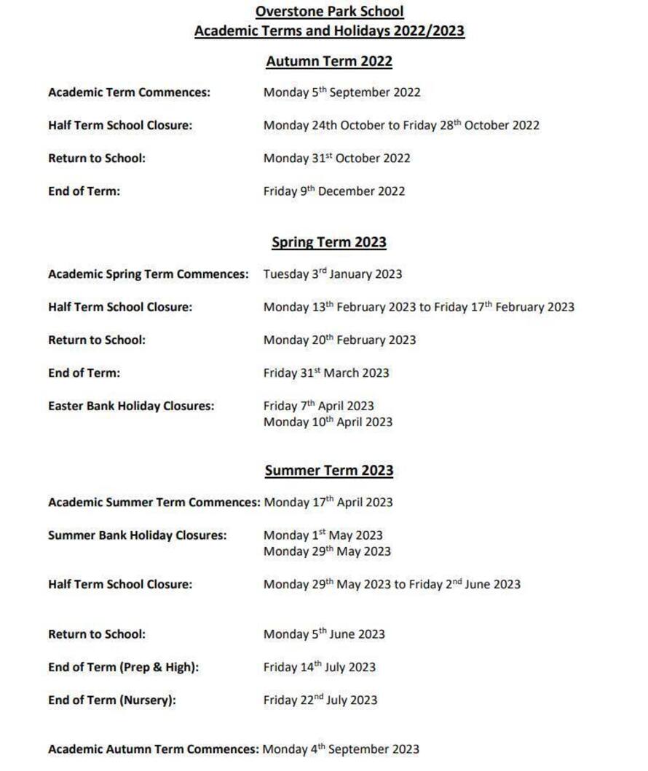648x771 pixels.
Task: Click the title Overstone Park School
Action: [x=329, y=12]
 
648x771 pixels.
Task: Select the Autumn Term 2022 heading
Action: [x=329, y=62]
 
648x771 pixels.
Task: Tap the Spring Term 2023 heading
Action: [x=329, y=242]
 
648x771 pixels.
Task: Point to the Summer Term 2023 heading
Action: [x=329, y=471]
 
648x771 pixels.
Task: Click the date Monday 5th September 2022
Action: [x=341, y=92]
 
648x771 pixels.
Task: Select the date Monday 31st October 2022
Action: [x=336, y=159]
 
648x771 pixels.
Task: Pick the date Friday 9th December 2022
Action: [x=333, y=191]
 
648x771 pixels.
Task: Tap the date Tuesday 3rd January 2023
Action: [x=332, y=274]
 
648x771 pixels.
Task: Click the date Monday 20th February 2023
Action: [x=339, y=340]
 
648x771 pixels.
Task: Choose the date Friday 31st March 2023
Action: [x=326, y=373]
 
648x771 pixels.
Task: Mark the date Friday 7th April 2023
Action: [x=318, y=406]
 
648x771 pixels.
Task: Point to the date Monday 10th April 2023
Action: [x=328, y=422]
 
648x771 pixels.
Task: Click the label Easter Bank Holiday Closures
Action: [x=131, y=406]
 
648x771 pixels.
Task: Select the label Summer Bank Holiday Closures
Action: [x=137, y=535]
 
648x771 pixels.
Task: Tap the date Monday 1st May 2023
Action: [x=323, y=535]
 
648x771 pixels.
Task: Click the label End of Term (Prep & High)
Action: [x=123, y=667]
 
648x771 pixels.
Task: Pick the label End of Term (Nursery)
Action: [x=112, y=700]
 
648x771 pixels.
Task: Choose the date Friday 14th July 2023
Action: [x=319, y=667]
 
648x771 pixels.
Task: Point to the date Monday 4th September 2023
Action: [x=341, y=749]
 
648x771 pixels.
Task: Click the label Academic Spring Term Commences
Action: [x=148, y=274]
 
